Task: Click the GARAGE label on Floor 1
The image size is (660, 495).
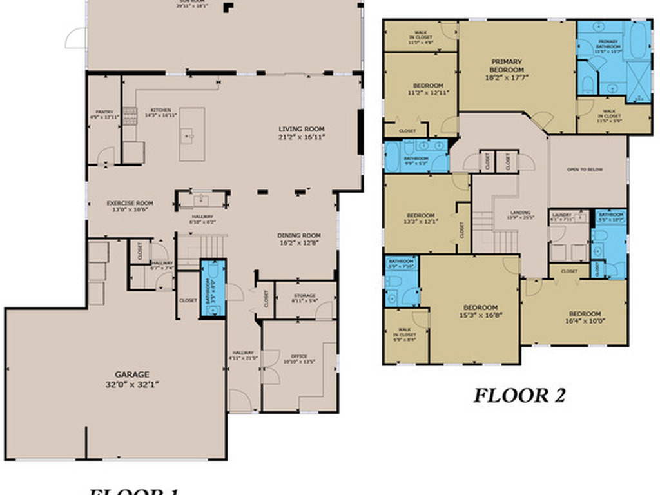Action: [x=132, y=374]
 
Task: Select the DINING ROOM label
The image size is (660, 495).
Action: [x=298, y=235]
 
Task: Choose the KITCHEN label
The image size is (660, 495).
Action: [x=160, y=110]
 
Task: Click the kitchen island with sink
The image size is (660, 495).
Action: [x=191, y=134]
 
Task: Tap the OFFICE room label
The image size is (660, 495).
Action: [x=298, y=356]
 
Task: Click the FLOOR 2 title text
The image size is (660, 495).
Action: [x=519, y=394]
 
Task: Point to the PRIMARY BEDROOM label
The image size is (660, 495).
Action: [x=506, y=65]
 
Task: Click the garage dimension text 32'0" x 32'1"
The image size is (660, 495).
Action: [x=132, y=383]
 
